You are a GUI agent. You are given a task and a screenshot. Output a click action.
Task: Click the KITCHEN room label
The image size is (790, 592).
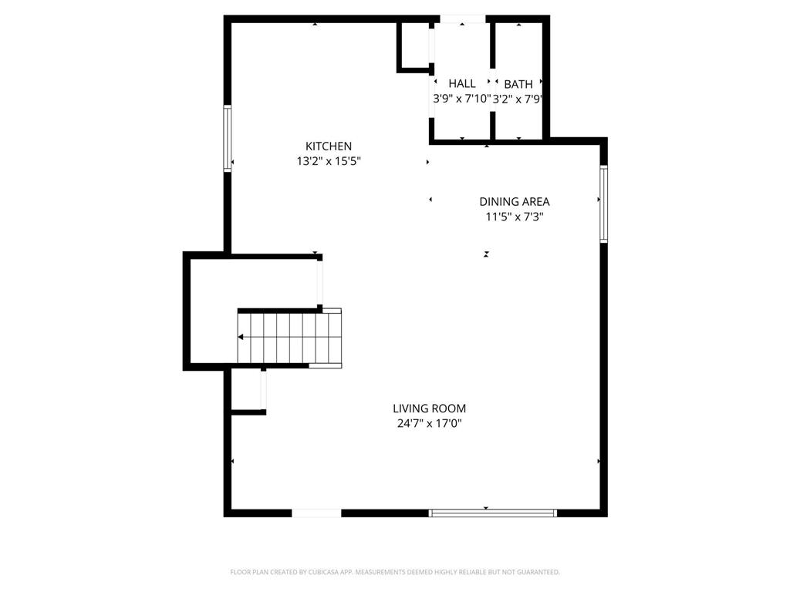coord(329,146)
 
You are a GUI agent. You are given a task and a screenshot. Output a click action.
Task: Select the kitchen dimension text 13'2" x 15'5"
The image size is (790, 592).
coord(329,162)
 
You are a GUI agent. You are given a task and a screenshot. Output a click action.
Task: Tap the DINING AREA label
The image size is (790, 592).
coord(515,201)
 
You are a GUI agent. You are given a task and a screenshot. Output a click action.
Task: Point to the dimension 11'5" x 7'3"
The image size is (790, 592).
coord(515,217)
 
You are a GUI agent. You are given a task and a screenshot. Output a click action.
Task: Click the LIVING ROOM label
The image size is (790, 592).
coord(429,409)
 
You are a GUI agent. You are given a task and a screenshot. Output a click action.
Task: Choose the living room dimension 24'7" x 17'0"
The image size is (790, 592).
coord(429,424)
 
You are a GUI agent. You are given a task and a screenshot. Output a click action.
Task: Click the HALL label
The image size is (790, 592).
coord(462,83)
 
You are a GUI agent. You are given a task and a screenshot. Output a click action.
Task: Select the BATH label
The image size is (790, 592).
coord(518,83)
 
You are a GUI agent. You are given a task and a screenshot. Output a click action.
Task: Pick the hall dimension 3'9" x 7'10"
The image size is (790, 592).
coord(461,99)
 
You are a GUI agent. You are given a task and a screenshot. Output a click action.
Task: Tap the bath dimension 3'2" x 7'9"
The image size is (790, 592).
coord(518,99)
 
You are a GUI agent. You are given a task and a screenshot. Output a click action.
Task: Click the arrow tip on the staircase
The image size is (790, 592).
coord(241,337)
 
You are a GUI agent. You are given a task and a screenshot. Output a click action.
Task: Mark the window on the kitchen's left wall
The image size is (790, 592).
coord(227,138)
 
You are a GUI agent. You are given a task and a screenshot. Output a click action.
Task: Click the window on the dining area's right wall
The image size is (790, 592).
coord(604,204)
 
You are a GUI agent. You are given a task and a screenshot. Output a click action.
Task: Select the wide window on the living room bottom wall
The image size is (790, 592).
coord(492,512)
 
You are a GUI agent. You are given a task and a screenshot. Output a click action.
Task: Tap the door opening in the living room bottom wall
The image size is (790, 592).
coord(316,512)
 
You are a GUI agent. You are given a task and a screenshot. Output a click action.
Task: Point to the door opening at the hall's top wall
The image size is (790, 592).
coord(463,18)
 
